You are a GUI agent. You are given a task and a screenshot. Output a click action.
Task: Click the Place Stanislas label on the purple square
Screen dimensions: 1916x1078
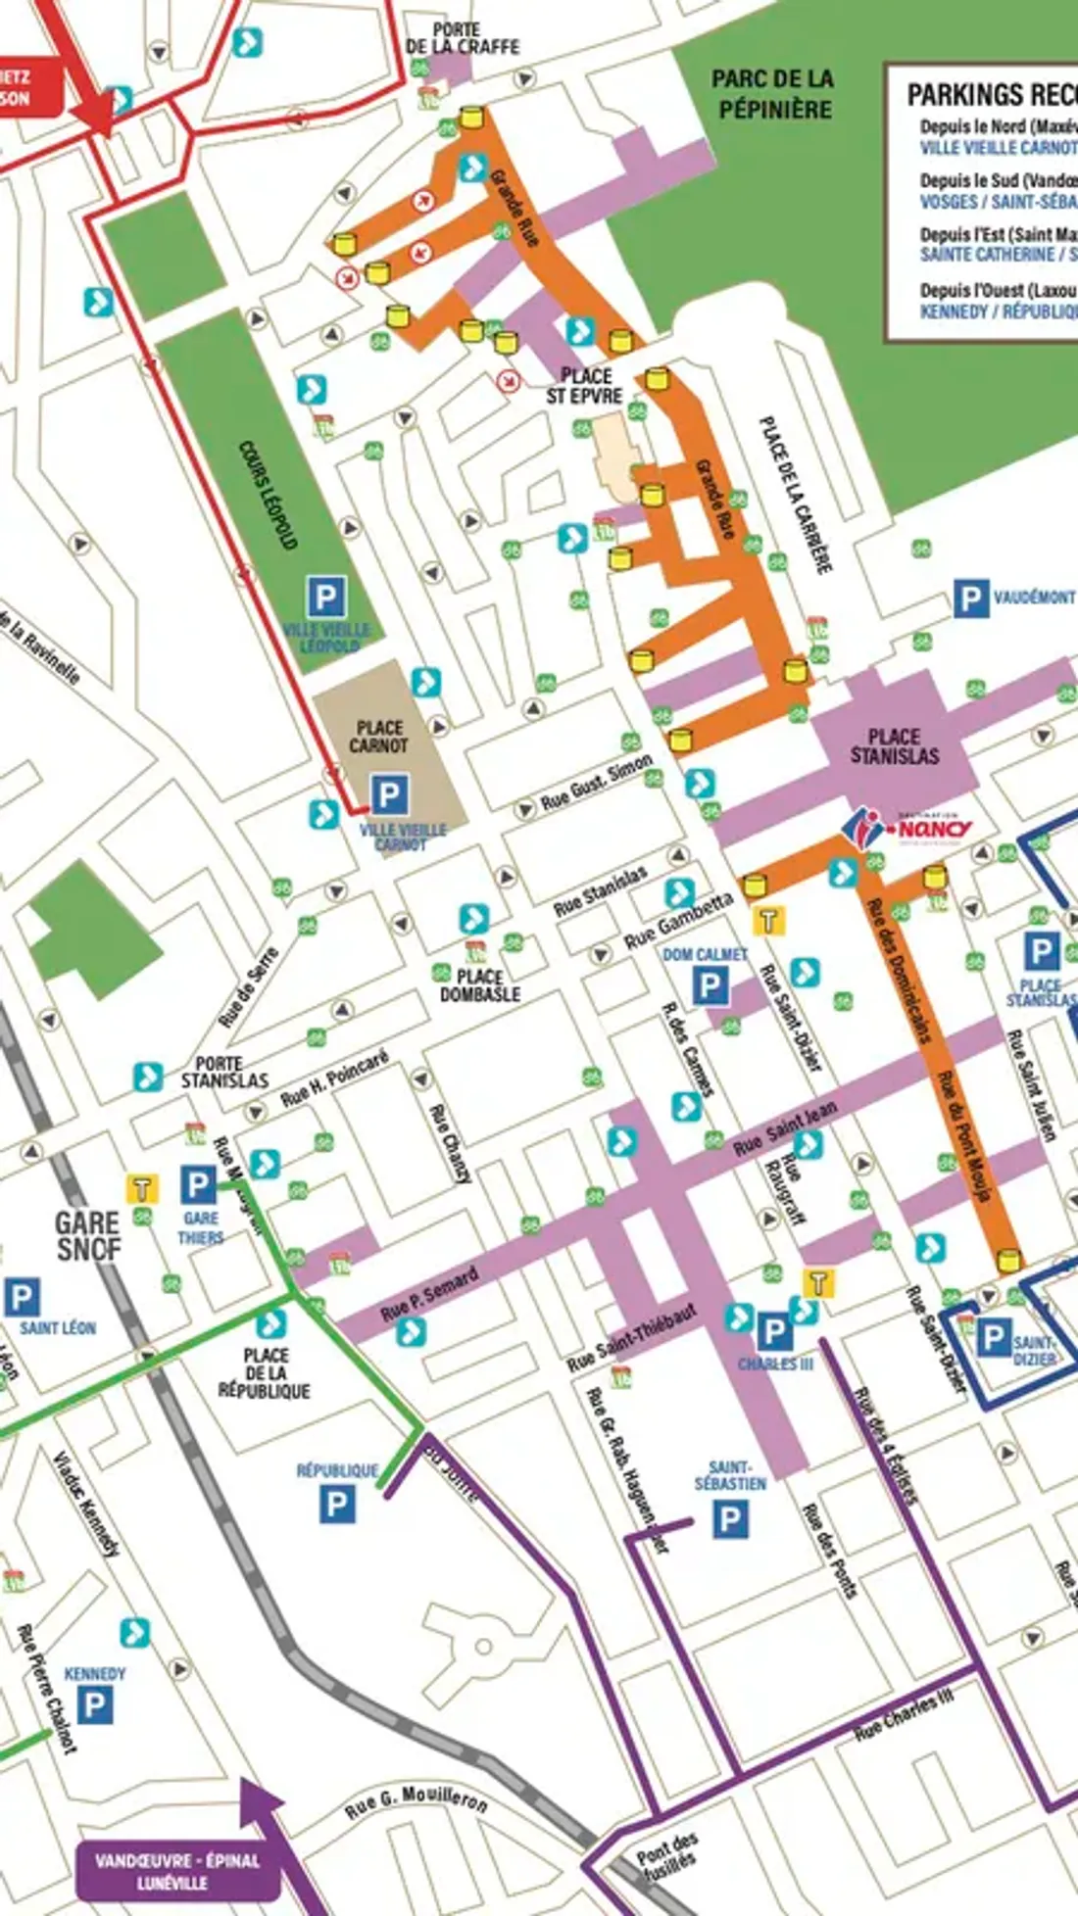tap(894, 746)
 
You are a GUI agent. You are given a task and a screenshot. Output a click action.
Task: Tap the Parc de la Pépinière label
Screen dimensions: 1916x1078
tap(772, 94)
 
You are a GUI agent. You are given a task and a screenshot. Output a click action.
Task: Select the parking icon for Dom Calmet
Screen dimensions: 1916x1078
tap(710, 986)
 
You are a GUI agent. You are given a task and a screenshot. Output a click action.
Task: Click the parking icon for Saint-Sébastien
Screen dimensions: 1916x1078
tap(730, 1520)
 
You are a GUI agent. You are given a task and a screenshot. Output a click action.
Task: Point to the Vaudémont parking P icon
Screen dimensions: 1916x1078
tap(970, 599)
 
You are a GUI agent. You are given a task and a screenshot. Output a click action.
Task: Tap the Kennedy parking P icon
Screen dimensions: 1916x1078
tap(94, 1705)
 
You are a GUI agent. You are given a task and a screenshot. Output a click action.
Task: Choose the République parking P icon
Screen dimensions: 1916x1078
tap(337, 1503)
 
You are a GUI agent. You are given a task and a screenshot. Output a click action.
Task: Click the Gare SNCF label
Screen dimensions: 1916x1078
tap(87, 1235)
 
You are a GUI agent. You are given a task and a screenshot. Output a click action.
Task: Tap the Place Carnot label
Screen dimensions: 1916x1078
tap(379, 737)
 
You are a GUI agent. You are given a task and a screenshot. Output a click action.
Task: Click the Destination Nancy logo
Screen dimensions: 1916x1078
tap(907, 828)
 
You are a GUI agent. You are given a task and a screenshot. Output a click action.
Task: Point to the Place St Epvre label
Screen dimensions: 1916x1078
tap(585, 386)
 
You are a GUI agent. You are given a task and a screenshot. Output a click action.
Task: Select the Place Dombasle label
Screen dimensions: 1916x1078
tap(479, 985)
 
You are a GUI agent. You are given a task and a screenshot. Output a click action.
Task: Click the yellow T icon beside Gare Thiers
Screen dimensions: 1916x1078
tap(142, 1188)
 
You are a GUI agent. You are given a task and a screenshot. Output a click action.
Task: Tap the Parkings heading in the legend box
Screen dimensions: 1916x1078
tap(990, 95)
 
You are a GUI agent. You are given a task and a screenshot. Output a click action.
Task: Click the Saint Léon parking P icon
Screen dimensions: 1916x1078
tap(22, 1298)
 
